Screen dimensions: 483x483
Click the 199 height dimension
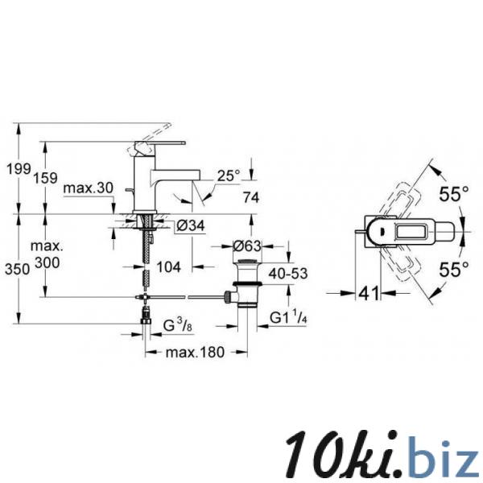(19, 169)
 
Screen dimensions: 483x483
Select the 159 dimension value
(45, 178)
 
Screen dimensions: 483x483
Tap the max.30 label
(89, 188)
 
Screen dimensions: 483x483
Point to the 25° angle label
(229, 175)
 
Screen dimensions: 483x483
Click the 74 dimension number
(251, 197)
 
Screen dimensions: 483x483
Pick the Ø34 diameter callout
(190, 226)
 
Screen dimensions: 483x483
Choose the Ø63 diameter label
(247, 246)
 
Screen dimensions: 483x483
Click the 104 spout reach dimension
(169, 266)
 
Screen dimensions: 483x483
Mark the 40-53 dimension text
(288, 273)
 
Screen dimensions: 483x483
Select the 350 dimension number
(17, 270)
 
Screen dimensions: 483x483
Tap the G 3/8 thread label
(178, 325)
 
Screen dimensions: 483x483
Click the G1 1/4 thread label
(289, 317)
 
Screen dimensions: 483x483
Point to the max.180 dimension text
(195, 352)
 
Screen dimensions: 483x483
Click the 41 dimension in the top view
(369, 293)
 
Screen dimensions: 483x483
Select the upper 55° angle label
(454, 194)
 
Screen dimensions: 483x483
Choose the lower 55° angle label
(454, 270)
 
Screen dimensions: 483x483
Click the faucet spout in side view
(175, 176)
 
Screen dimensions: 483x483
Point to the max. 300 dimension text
(47, 254)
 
